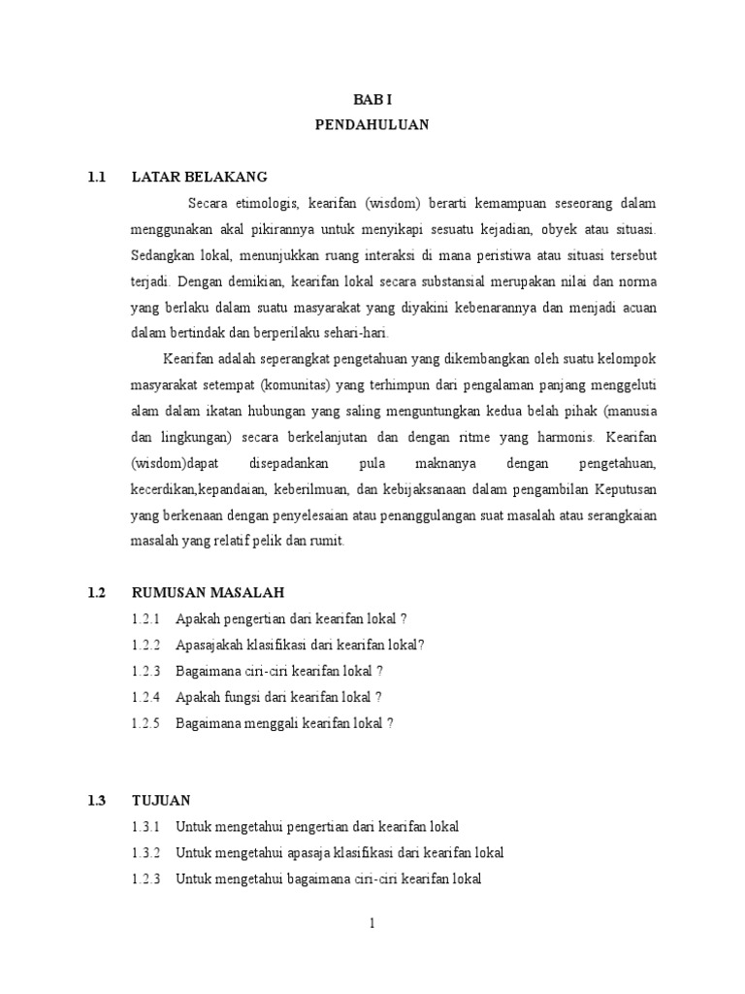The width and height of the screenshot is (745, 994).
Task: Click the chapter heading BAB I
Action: [372, 99]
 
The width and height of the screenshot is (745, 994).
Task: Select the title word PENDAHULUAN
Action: [372, 124]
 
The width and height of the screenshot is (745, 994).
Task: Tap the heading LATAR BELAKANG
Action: [199, 177]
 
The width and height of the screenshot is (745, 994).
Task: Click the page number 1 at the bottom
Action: [372, 923]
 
